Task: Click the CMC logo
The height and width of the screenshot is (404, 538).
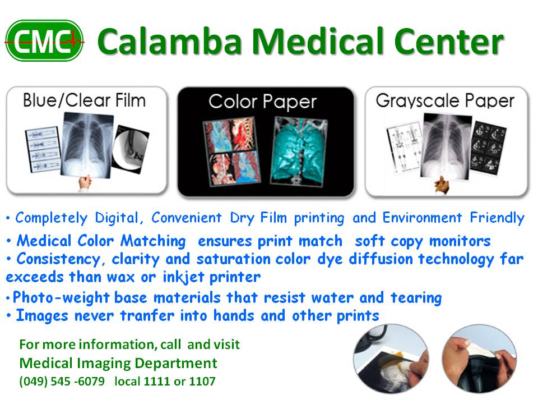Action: click(x=44, y=40)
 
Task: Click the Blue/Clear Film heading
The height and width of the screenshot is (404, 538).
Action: click(x=84, y=101)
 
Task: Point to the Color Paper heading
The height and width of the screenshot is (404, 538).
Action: click(x=262, y=102)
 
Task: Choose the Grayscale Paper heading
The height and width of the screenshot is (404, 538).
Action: click(x=445, y=101)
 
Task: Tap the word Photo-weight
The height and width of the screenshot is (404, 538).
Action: click(x=53, y=297)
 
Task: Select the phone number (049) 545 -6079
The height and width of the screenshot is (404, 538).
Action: click(x=62, y=382)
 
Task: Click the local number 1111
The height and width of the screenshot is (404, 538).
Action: click(x=154, y=382)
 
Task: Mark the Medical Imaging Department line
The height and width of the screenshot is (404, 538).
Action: click(x=118, y=362)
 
